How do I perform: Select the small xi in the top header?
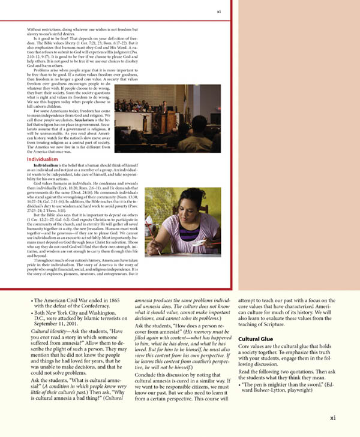tap(219, 11)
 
